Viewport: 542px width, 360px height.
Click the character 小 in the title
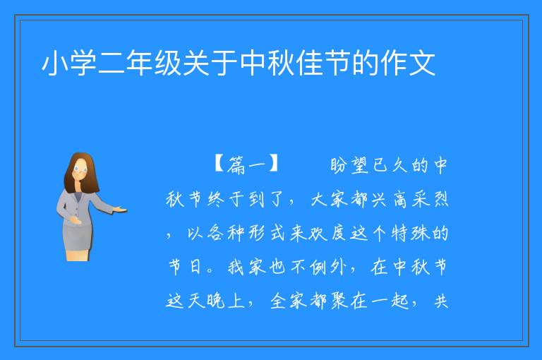pyautogui.click(x=54, y=63)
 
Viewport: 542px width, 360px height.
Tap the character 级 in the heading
pyautogui.click(x=168, y=63)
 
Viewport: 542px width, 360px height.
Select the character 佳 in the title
pyautogui.click(x=308, y=63)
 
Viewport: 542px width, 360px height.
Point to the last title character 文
pyautogui.click(x=422, y=63)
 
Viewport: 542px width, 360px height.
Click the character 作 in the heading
pyautogui.click(x=393, y=63)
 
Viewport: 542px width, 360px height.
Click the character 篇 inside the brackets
pyautogui.click(x=236, y=164)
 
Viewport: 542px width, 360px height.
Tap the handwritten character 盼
pyautogui.click(x=339, y=165)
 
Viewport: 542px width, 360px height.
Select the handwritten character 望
pyautogui.click(x=361, y=165)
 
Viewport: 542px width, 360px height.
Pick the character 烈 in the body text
pyautogui.click(x=440, y=199)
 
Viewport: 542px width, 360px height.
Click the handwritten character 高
pyautogui.click(x=400, y=199)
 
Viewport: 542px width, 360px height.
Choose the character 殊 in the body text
pyautogui.click(x=420, y=233)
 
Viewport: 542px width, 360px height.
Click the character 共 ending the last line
pyautogui.click(x=441, y=301)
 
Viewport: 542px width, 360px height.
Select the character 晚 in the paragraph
pyautogui.click(x=217, y=300)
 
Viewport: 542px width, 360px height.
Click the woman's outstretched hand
pyautogui.click(x=120, y=209)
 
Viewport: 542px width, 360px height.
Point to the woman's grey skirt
pyautogui.click(x=78, y=236)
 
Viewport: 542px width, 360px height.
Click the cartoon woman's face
pyautogui.click(x=80, y=170)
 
